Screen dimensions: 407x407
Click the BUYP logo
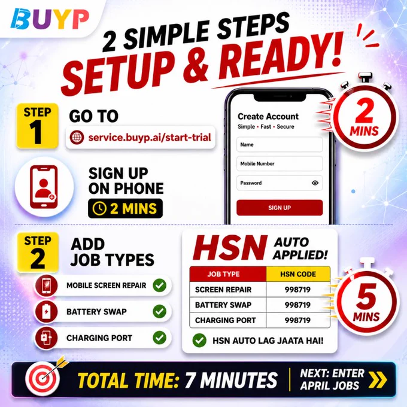coord(50,19)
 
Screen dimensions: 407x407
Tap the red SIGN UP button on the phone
coord(280,208)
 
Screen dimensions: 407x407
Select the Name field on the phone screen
coord(280,145)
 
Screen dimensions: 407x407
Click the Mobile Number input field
coord(280,163)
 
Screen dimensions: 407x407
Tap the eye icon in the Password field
coord(315,183)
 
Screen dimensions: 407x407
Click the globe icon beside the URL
coord(77,137)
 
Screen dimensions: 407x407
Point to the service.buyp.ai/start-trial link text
coord(150,137)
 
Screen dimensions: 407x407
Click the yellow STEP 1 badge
coord(37,126)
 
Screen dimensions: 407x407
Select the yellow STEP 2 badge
coord(38,253)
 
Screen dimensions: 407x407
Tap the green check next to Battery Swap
coord(159,311)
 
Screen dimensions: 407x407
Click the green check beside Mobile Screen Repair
coord(159,285)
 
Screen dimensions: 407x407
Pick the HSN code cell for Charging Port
coord(297,320)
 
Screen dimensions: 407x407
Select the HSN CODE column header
coord(298,274)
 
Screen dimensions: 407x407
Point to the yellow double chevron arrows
coord(378,380)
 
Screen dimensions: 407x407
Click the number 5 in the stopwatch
coord(366,295)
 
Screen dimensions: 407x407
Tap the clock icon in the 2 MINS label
coord(100,209)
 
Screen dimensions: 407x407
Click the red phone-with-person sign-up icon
coord(44,187)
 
